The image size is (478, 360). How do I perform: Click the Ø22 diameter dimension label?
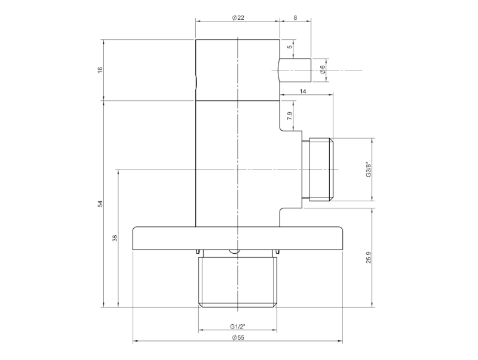pos(238,18)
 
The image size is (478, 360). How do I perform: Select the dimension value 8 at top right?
pos(295,18)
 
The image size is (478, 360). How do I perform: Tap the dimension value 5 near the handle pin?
pos(290,46)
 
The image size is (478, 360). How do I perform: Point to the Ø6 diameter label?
pos(323,70)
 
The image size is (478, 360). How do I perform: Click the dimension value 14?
pos(302,91)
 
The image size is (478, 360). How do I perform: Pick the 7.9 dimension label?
pos(290,116)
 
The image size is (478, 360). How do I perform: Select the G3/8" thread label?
pos(369,170)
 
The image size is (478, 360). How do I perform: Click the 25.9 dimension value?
pos(369,257)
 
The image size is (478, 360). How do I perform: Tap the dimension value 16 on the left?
pos(100,70)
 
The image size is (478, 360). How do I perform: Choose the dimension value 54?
pos(100,204)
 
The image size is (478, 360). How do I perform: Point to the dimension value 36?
pos(115,238)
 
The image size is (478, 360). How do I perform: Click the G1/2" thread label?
pos(238,327)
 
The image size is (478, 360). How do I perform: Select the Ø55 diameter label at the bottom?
pos(238,338)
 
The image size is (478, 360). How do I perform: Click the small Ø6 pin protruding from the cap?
pos(296,70)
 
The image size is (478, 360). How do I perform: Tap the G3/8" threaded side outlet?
pos(320,170)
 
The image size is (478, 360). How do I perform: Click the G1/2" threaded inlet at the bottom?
pos(238,281)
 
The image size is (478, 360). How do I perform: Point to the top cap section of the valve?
pos(238,69)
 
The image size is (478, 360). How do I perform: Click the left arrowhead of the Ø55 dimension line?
pos(135,342)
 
